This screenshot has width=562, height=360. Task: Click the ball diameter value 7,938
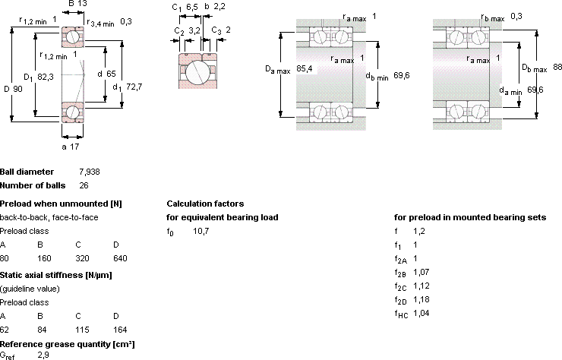(x=90, y=172)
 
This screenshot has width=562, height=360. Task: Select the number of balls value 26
(x=84, y=186)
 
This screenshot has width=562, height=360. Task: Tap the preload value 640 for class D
(x=120, y=258)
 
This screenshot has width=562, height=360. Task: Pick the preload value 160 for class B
(x=45, y=258)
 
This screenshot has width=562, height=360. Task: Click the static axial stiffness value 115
(x=82, y=330)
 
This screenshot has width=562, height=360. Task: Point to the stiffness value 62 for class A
(x=5, y=330)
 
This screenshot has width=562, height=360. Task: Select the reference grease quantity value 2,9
(x=43, y=355)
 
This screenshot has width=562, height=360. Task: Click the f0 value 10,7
(x=201, y=232)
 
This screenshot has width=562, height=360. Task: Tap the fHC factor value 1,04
(x=421, y=314)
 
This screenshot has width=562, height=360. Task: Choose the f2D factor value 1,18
(x=421, y=300)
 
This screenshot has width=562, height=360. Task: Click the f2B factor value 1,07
(x=421, y=273)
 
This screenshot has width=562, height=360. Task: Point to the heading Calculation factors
(x=205, y=204)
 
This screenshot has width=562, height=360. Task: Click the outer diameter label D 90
(x=13, y=89)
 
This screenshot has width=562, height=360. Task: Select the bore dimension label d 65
(x=107, y=74)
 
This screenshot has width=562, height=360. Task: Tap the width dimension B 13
(x=77, y=4)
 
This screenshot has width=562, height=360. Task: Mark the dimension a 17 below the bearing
(x=70, y=147)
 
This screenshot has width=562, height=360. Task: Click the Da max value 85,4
(x=305, y=68)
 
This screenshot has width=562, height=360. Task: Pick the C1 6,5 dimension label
(x=185, y=7)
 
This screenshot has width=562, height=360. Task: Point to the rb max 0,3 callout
(x=501, y=17)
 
